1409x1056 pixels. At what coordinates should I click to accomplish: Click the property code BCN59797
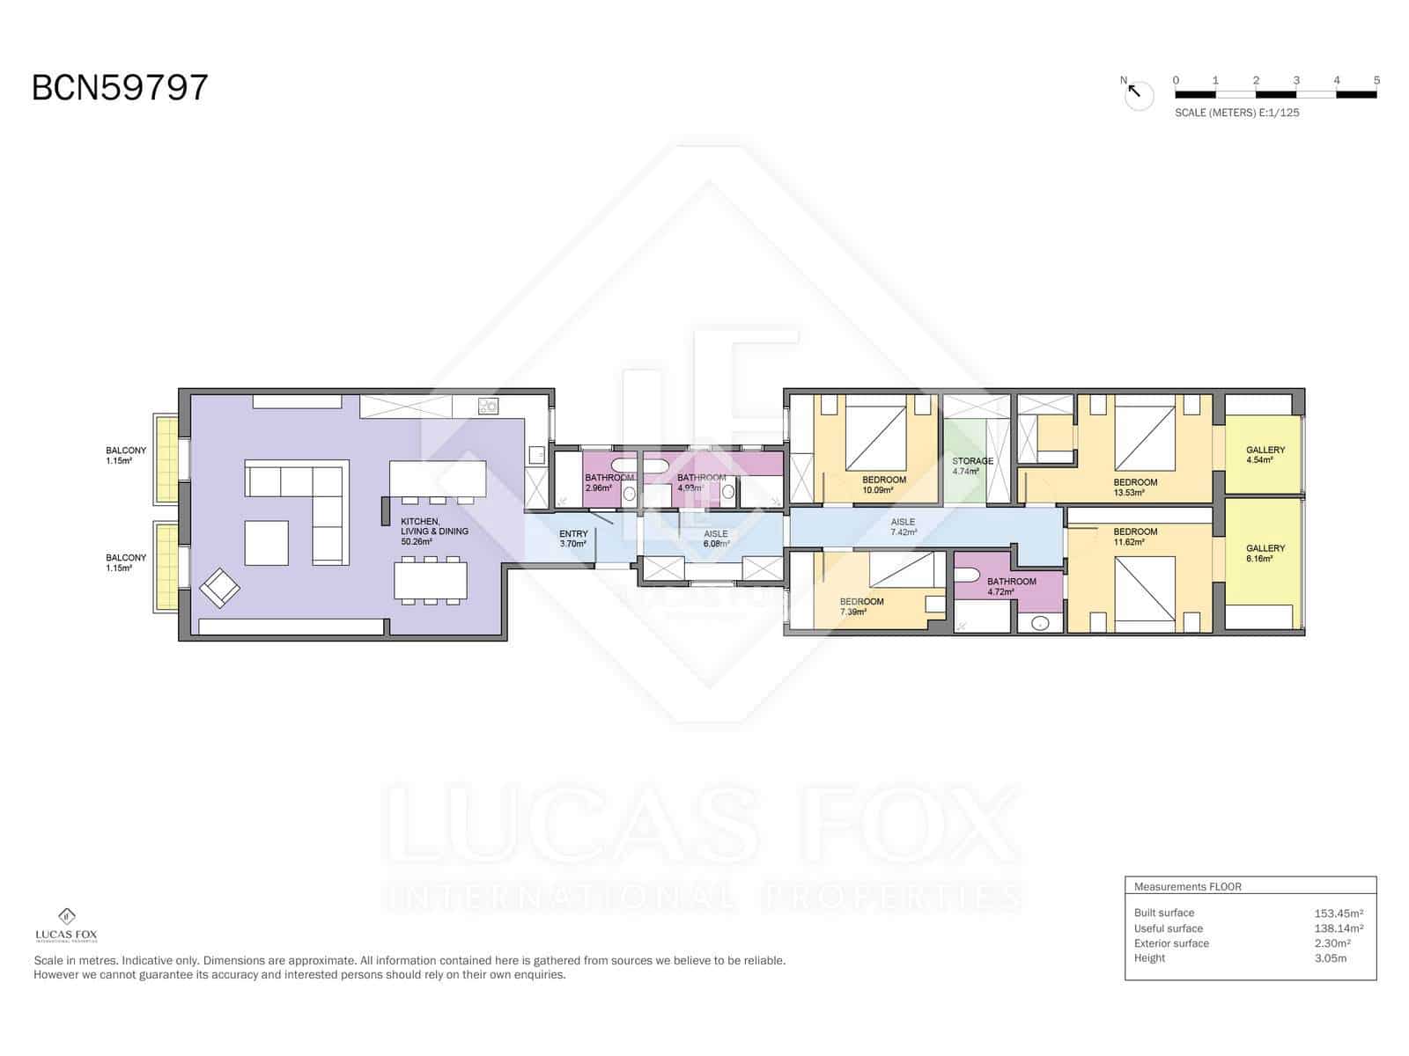120,88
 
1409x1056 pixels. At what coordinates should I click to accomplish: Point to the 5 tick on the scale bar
1376,81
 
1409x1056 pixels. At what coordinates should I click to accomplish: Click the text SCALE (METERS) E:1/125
1236,113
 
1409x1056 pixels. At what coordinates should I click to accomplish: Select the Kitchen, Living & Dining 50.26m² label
434,532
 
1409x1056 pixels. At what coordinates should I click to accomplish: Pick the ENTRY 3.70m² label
573,539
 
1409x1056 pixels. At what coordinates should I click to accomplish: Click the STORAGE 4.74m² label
972,466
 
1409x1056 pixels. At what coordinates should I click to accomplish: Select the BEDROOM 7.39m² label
861,606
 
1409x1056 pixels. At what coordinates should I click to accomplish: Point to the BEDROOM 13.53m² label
1135,487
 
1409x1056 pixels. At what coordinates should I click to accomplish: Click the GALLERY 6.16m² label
1265,553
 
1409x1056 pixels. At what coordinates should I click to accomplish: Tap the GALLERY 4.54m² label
1265,454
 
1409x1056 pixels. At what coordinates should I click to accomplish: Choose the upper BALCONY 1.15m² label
126,455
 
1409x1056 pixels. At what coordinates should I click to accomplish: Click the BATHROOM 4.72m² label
1011,586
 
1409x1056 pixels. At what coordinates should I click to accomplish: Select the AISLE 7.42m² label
903,527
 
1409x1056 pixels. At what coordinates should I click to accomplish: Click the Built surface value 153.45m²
1339,913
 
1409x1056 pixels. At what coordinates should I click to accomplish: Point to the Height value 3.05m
1330,958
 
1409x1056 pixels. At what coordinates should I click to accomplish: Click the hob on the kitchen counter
488,406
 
